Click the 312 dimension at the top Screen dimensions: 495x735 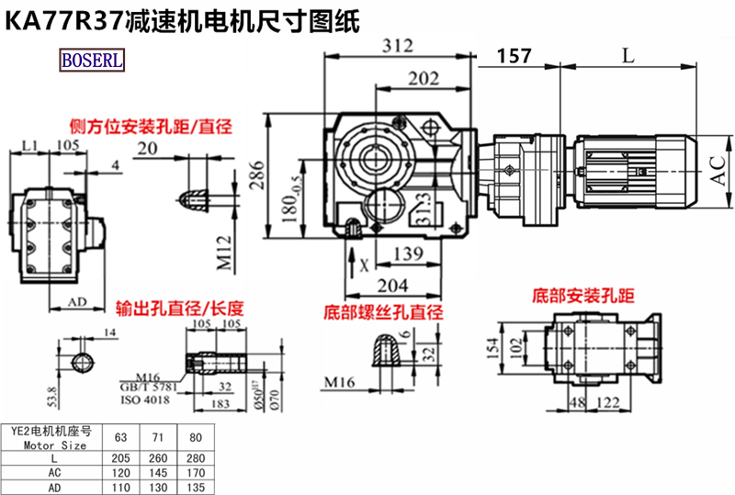pos(397,44)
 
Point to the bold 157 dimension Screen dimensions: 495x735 pos(514,57)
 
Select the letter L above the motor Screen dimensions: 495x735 pos(627,55)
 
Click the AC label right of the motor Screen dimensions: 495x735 pos(719,170)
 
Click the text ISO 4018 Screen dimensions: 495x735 pos(144,400)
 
